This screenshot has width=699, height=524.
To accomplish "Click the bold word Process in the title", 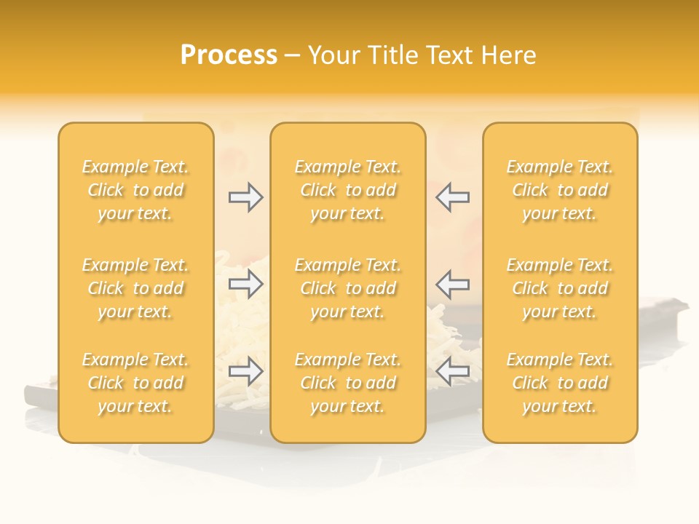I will pos(229,55).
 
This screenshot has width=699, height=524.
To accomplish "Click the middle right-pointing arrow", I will pos(245,285).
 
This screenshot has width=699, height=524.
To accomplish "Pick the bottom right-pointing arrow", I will pos(245,372).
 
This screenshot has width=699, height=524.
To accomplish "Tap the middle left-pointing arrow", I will pos(452,285).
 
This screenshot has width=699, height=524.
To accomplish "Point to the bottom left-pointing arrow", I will pos(452,372).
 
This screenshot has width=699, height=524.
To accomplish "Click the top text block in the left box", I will pos(135,190).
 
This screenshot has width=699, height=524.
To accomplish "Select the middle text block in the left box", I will pos(135,288).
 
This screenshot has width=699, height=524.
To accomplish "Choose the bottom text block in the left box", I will pos(135,383).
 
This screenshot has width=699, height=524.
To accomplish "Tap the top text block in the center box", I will pos(347,190).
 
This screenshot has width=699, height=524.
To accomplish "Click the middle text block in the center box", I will pos(347,288).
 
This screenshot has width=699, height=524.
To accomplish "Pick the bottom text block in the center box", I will pos(347,383).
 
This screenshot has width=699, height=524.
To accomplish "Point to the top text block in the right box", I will pos(559,190).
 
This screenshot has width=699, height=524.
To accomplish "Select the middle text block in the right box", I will pos(559,288).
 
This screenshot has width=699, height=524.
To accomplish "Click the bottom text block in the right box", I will pos(559,383).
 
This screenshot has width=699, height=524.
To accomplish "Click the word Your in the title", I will pos(331,55).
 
